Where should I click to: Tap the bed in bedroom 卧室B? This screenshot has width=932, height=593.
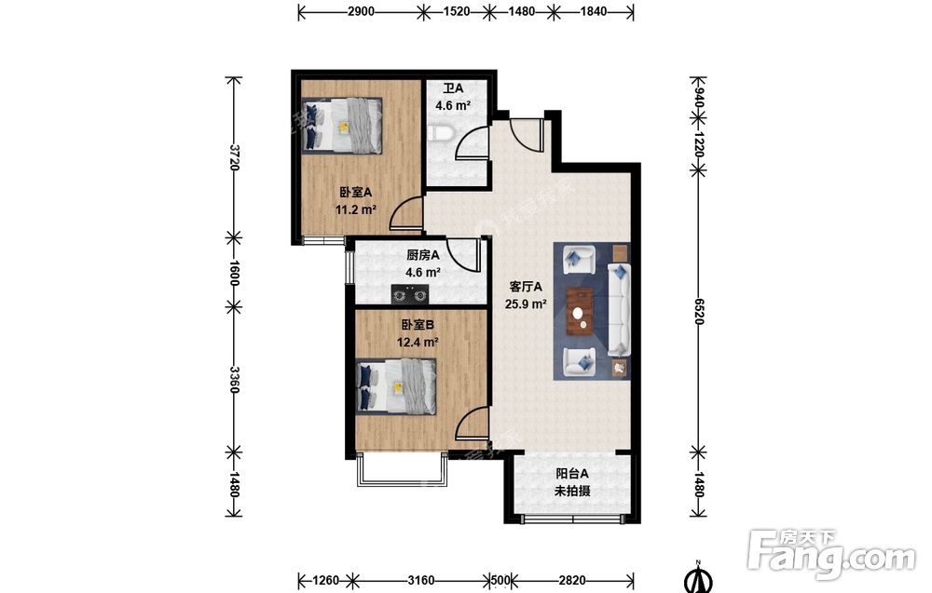[x=396, y=386]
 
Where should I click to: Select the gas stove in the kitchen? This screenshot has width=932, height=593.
[x=410, y=294]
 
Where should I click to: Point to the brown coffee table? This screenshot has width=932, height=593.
[x=580, y=312]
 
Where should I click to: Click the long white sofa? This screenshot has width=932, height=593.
[x=618, y=311]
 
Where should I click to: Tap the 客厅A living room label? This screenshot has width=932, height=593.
[x=526, y=287]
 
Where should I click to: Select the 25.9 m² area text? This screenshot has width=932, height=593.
[x=526, y=304]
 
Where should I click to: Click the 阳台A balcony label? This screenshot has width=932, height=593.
[x=572, y=474]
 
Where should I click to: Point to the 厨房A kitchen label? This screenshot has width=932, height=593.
[x=422, y=255]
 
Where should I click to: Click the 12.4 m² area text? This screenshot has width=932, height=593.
[x=418, y=342]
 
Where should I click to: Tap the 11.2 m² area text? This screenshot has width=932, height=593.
[x=356, y=209]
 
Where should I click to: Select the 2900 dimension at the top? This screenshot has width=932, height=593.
[x=361, y=11]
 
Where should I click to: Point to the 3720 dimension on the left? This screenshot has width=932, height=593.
[x=234, y=157]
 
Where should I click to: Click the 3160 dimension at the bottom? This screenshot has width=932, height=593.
[x=421, y=580]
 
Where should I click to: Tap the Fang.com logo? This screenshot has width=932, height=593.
[x=831, y=555]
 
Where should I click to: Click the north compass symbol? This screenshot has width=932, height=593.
[x=699, y=577]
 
